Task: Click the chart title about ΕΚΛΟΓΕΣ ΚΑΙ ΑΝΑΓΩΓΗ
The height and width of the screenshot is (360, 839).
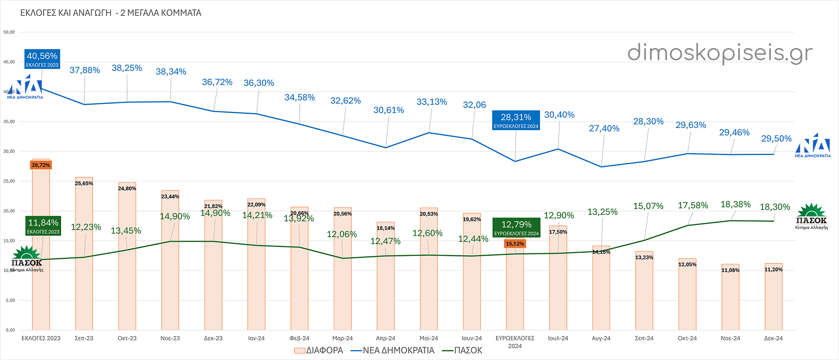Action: (111, 13)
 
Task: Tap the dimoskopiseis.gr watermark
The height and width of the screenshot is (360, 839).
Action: (720, 53)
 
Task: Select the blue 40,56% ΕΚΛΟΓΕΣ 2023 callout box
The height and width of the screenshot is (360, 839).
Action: (42, 59)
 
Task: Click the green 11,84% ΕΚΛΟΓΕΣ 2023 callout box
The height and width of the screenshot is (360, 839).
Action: (43, 226)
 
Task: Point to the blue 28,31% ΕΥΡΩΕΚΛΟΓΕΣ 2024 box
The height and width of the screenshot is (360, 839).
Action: (516, 120)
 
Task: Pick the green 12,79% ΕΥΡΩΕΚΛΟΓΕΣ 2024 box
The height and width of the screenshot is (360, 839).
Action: (516, 228)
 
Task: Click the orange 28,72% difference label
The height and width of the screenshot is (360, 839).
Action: (41, 165)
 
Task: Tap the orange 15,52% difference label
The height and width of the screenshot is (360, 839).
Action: (515, 244)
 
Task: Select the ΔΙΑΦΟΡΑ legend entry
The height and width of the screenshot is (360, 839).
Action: (319, 350)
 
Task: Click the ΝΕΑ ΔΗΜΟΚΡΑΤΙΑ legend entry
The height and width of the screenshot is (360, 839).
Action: (392, 350)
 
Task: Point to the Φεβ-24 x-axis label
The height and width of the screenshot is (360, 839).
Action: (299, 338)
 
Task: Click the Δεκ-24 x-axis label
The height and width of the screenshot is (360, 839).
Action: (773, 338)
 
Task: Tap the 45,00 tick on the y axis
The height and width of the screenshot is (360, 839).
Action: (9, 62)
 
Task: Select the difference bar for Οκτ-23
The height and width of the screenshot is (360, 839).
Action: (127, 262)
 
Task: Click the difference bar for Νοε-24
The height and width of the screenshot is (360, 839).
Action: (730, 301)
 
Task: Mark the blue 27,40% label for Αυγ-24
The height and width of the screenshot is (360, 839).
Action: (604, 128)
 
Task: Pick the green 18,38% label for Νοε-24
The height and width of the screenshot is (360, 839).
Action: (735, 204)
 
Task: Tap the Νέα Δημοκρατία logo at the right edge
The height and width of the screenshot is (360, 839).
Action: (813, 145)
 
